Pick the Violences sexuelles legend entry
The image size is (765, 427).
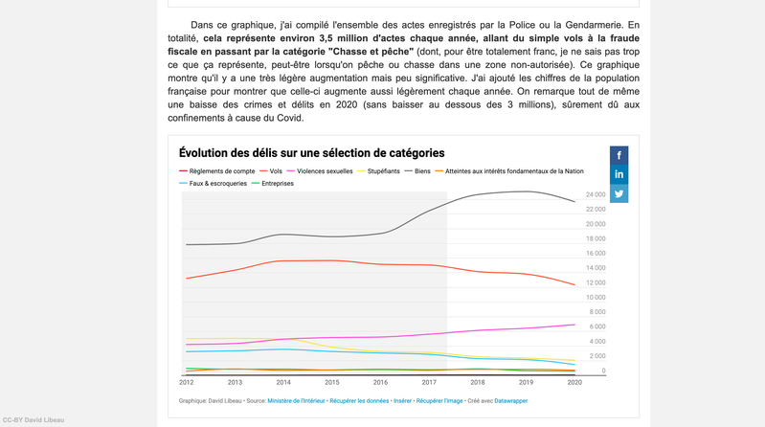(326, 170)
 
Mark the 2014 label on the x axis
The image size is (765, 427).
(282, 382)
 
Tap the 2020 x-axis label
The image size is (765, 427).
(574, 382)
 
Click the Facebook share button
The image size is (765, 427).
(619, 154)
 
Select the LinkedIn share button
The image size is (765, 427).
(619, 173)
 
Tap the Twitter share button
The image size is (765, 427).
(619, 193)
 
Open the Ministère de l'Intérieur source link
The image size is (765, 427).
(297, 400)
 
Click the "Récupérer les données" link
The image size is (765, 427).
(360, 400)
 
